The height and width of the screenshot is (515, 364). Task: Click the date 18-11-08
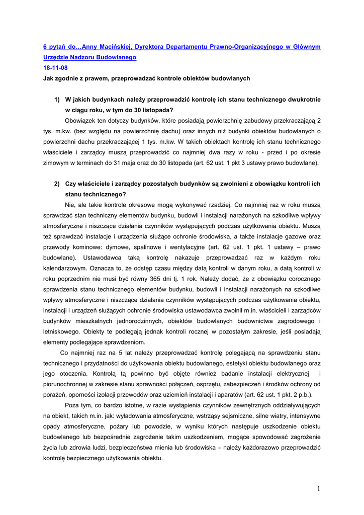(x=55, y=68)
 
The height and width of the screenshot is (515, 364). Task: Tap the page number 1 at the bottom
(x=319, y=489)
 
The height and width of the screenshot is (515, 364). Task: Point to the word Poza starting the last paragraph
(x=73, y=405)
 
